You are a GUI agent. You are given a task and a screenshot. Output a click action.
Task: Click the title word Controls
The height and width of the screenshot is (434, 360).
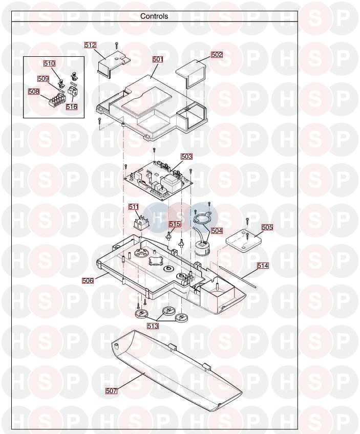coord(154,16)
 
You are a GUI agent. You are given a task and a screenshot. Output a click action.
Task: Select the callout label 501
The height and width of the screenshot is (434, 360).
coord(158,59)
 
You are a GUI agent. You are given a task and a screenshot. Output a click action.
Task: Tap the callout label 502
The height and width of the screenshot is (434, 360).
coord(217,55)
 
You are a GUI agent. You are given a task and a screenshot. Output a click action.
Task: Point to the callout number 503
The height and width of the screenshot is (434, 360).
coord(186,157)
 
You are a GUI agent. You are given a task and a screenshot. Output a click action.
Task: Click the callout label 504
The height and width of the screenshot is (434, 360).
coord(217,230)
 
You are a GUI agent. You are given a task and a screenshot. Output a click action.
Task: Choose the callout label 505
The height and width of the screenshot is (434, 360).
coord(267,227)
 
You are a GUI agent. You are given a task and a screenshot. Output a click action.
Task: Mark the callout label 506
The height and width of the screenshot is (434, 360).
coord(88,280)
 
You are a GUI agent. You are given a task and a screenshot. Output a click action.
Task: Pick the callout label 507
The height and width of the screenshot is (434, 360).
coord(111,391)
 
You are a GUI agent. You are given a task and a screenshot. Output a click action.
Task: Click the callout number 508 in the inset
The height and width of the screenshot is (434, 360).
coord(34,91)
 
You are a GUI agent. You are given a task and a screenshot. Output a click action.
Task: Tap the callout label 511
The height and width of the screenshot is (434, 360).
coord(134,207)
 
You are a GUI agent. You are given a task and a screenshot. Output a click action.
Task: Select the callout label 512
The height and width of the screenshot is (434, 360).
coord(90,45)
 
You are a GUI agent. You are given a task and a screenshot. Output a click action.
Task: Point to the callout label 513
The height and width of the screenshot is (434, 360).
coord(153,326)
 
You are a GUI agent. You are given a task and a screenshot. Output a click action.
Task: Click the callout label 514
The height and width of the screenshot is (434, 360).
coord(263,266)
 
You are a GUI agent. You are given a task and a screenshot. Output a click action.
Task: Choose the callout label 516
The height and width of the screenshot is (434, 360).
coord(72,106)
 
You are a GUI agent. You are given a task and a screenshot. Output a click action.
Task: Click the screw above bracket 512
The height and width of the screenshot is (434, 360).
coord(117,46)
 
